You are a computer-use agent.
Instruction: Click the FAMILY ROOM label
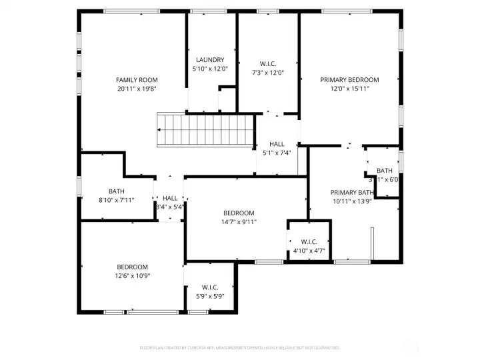tap(137, 80)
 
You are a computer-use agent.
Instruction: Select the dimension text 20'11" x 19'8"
tap(137, 89)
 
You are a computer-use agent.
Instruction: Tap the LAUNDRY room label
tap(209, 60)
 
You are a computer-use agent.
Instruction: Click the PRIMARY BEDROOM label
tap(349, 80)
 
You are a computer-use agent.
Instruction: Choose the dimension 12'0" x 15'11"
tap(349, 89)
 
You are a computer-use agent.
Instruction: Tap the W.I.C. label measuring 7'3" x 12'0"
tap(267, 64)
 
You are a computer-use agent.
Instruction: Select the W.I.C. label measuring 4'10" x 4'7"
tap(309, 241)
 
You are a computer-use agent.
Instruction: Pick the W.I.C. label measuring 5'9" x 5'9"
tap(210, 287)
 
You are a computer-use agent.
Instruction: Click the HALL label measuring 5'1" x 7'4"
tap(277, 144)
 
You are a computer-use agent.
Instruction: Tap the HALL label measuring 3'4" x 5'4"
tap(170, 198)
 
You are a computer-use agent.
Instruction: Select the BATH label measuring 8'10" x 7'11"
tap(117, 191)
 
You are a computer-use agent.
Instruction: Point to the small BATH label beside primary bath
tap(385, 171)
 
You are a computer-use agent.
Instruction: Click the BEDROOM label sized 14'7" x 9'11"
tap(239, 213)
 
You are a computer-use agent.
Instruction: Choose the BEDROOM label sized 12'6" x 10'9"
tap(132, 267)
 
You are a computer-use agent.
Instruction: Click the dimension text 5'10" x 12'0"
tap(209, 69)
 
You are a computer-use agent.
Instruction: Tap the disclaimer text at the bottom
tap(239, 347)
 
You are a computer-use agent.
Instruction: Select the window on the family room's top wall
tap(131, 11)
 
